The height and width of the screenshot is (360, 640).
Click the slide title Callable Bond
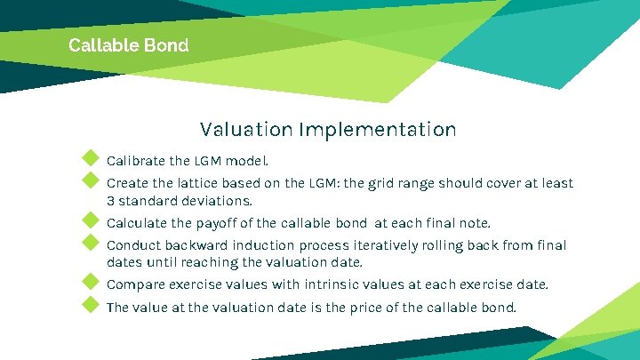tap(128, 44)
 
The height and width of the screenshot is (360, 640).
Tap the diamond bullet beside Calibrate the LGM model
tap(90, 159)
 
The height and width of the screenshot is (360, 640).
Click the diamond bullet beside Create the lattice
tap(90, 181)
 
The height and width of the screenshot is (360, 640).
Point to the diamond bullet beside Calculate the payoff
tap(90, 220)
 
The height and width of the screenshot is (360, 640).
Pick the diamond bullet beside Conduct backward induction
tap(90, 243)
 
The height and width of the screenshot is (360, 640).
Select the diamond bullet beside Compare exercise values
tap(90, 282)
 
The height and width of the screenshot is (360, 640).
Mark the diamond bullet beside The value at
tap(90, 305)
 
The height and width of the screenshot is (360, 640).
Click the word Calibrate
tap(135, 162)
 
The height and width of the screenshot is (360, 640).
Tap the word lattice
tap(204, 184)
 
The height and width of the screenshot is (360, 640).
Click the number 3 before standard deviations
tap(111, 201)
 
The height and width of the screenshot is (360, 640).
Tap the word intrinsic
tap(360, 285)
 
